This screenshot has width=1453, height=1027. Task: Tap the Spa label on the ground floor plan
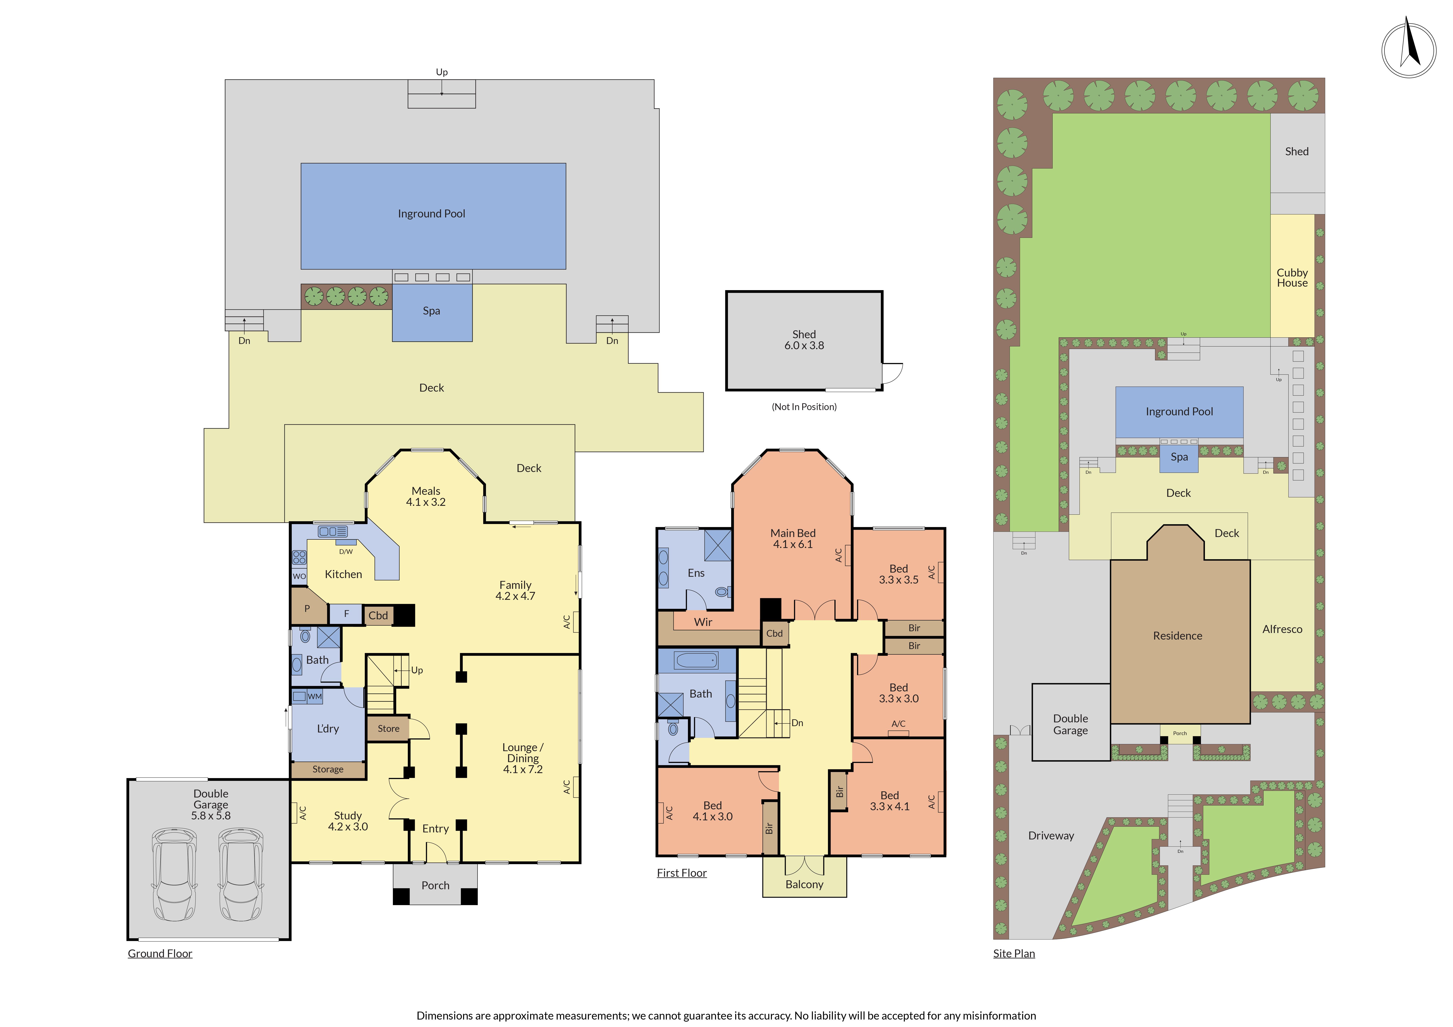coord(432,311)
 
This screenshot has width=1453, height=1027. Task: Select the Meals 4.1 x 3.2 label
coord(426,496)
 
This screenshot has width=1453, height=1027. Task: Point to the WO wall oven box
coord(299,576)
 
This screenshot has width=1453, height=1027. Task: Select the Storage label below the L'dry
coord(328,769)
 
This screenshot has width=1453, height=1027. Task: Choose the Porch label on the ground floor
coord(435,885)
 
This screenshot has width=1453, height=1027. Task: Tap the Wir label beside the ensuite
coord(703,622)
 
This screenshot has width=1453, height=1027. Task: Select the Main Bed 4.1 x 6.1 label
coord(793,539)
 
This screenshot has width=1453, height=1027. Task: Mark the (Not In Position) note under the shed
coord(804,407)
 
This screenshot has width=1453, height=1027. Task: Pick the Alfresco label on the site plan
coord(1282,629)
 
